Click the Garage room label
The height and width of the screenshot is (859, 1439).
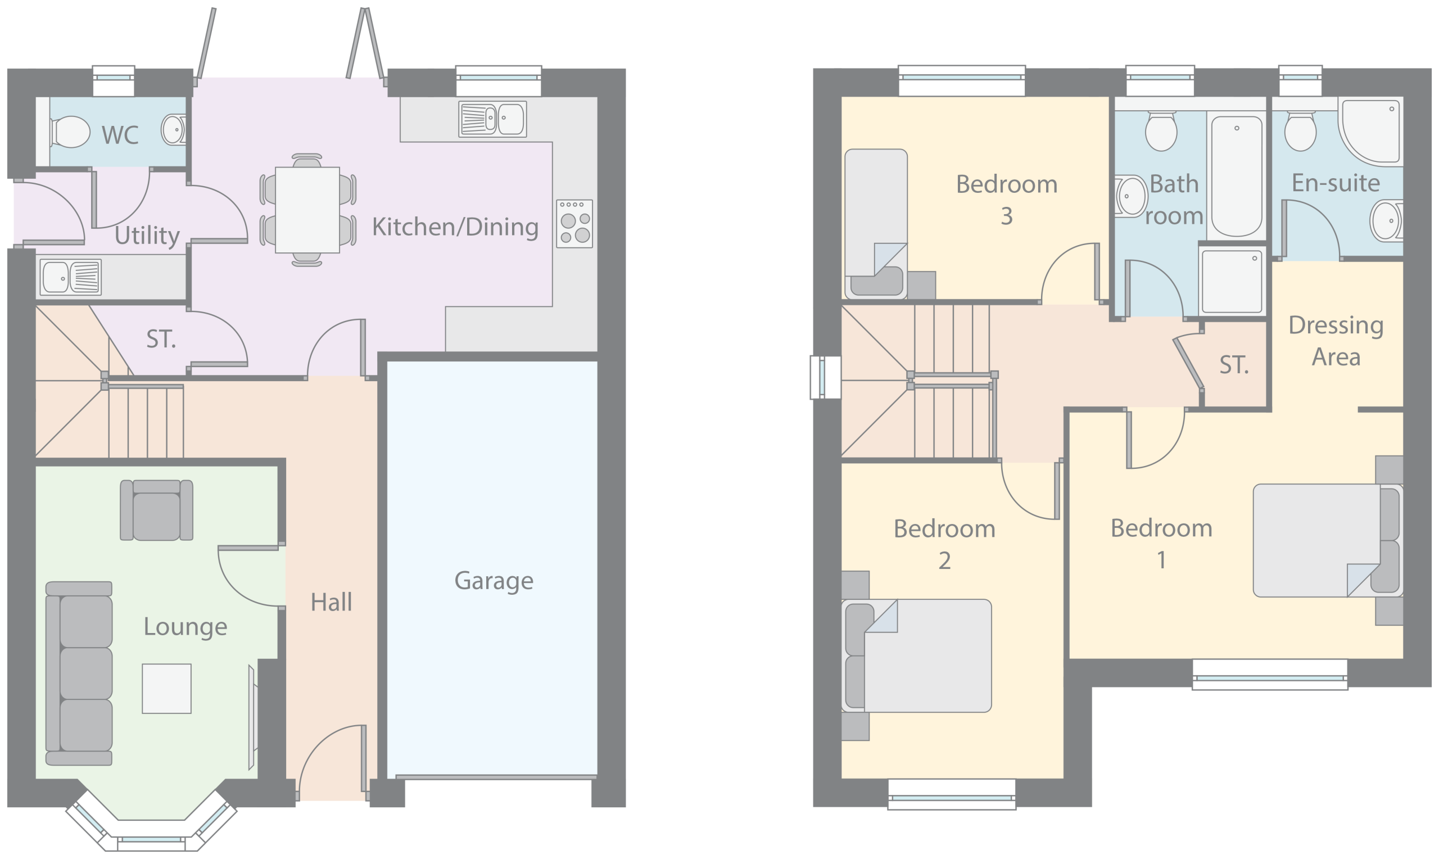point(494,581)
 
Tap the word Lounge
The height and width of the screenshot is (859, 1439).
point(185,627)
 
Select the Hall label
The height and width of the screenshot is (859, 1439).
point(331,603)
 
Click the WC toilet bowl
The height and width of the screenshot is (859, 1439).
point(71,132)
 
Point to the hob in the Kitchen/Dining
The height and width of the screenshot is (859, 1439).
point(574,224)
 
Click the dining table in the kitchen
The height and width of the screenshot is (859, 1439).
point(307,210)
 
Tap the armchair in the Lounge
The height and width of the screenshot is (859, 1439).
point(156,510)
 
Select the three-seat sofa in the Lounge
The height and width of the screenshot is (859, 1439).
point(79,673)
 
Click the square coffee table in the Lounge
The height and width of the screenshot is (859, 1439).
point(166,688)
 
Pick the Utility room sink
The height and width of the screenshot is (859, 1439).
point(71,277)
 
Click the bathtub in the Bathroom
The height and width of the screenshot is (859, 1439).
point(1237,177)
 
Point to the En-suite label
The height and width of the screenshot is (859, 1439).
point(1336,183)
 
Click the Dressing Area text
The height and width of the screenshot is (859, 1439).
point(1336,341)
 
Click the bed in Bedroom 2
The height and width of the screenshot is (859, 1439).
point(916,656)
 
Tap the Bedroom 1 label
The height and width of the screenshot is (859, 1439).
point(1161,544)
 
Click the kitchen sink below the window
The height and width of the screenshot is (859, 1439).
point(492,119)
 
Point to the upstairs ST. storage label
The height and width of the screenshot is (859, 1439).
point(1234,365)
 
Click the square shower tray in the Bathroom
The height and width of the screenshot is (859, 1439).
point(1232,281)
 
